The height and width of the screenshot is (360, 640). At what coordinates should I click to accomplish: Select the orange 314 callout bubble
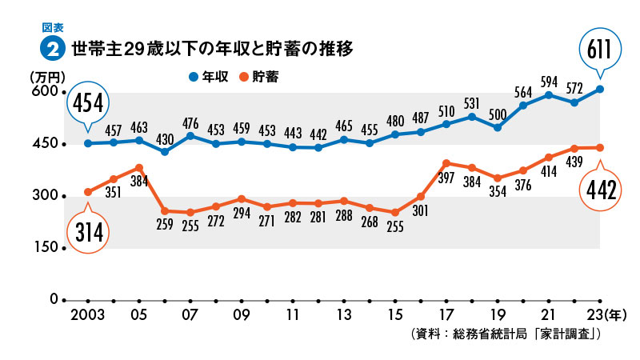[x=88, y=233]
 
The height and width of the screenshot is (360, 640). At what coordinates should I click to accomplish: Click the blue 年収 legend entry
[x=209, y=77]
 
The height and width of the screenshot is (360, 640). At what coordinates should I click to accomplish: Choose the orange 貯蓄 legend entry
[x=261, y=77]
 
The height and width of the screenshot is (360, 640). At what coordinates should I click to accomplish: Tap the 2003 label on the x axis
[x=87, y=314]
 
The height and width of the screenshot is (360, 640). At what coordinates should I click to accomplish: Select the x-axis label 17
[x=446, y=314]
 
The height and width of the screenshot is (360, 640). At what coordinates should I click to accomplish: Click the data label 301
[x=421, y=212]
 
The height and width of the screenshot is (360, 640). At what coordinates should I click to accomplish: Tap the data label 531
[x=472, y=103]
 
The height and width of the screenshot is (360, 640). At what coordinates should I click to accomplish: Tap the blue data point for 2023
[x=599, y=89]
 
